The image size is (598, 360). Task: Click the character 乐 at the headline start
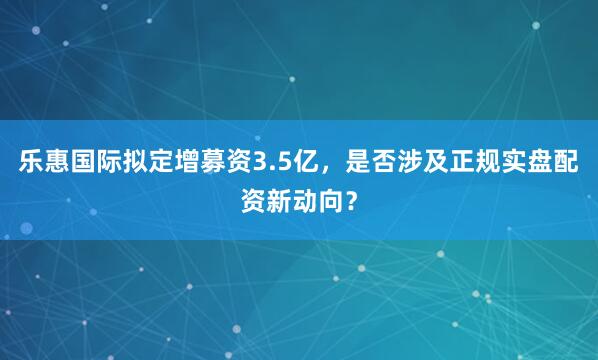click(x=28, y=160)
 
